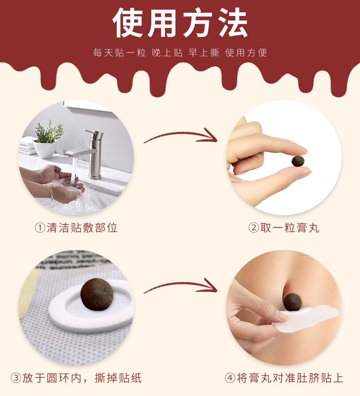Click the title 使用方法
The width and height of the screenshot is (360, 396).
click(x=180, y=23)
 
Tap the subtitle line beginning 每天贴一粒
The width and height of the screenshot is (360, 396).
click(x=180, y=53)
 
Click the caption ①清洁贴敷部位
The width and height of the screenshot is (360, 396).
click(x=76, y=228)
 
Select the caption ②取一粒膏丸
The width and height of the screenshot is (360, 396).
click(x=283, y=228)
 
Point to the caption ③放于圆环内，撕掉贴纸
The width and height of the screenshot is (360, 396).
click(x=76, y=378)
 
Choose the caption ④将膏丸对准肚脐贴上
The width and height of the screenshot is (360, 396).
click(x=284, y=378)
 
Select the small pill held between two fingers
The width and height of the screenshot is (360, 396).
click(x=298, y=161)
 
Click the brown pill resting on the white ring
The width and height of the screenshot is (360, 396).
click(x=97, y=294)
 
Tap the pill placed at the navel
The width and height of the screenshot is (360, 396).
click(x=293, y=302)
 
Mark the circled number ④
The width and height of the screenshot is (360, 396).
click(x=230, y=378)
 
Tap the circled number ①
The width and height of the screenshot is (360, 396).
click(x=40, y=228)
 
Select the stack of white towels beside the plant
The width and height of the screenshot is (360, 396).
click(x=27, y=146)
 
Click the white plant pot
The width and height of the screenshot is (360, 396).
click(x=45, y=150)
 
